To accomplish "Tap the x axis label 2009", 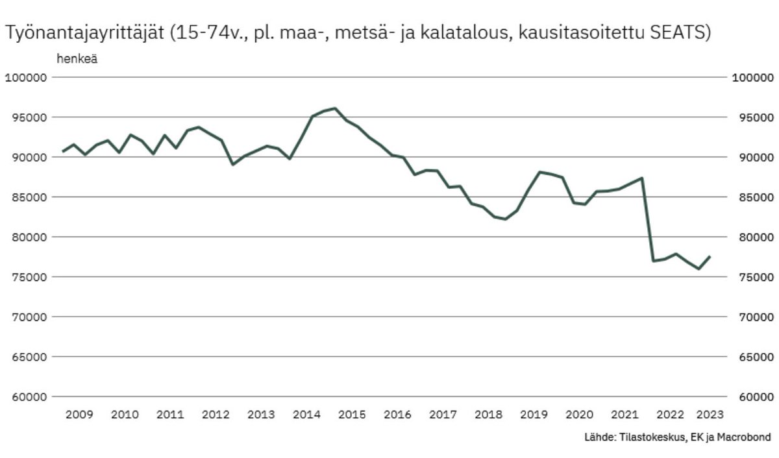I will [x=79, y=415].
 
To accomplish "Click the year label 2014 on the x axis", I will [x=306, y=415].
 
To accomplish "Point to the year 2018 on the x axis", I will [x=488, y=415].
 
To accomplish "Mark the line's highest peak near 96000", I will [x=334, y=108].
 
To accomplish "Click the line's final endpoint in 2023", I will [x=710, y=256].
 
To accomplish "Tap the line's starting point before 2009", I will [x=63, y=151].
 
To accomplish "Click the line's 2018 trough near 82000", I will [x=505, y=219].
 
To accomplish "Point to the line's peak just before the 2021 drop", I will [x=641, y=178].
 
